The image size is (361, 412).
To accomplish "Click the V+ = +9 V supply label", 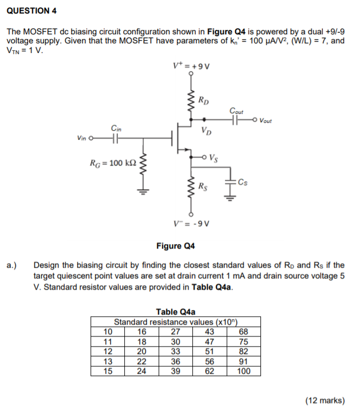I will coord(190,66).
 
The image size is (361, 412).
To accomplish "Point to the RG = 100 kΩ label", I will coord(112,163).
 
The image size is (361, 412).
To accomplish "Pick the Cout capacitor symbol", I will coord(236,119).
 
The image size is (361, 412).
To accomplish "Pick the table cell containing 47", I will coord(209,341).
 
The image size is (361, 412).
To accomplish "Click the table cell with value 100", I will coord(243,371).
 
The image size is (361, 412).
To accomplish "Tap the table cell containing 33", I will coord(175,351).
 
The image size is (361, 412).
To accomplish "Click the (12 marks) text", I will coord(324,400).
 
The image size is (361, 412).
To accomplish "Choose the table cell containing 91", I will coord(243,361).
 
